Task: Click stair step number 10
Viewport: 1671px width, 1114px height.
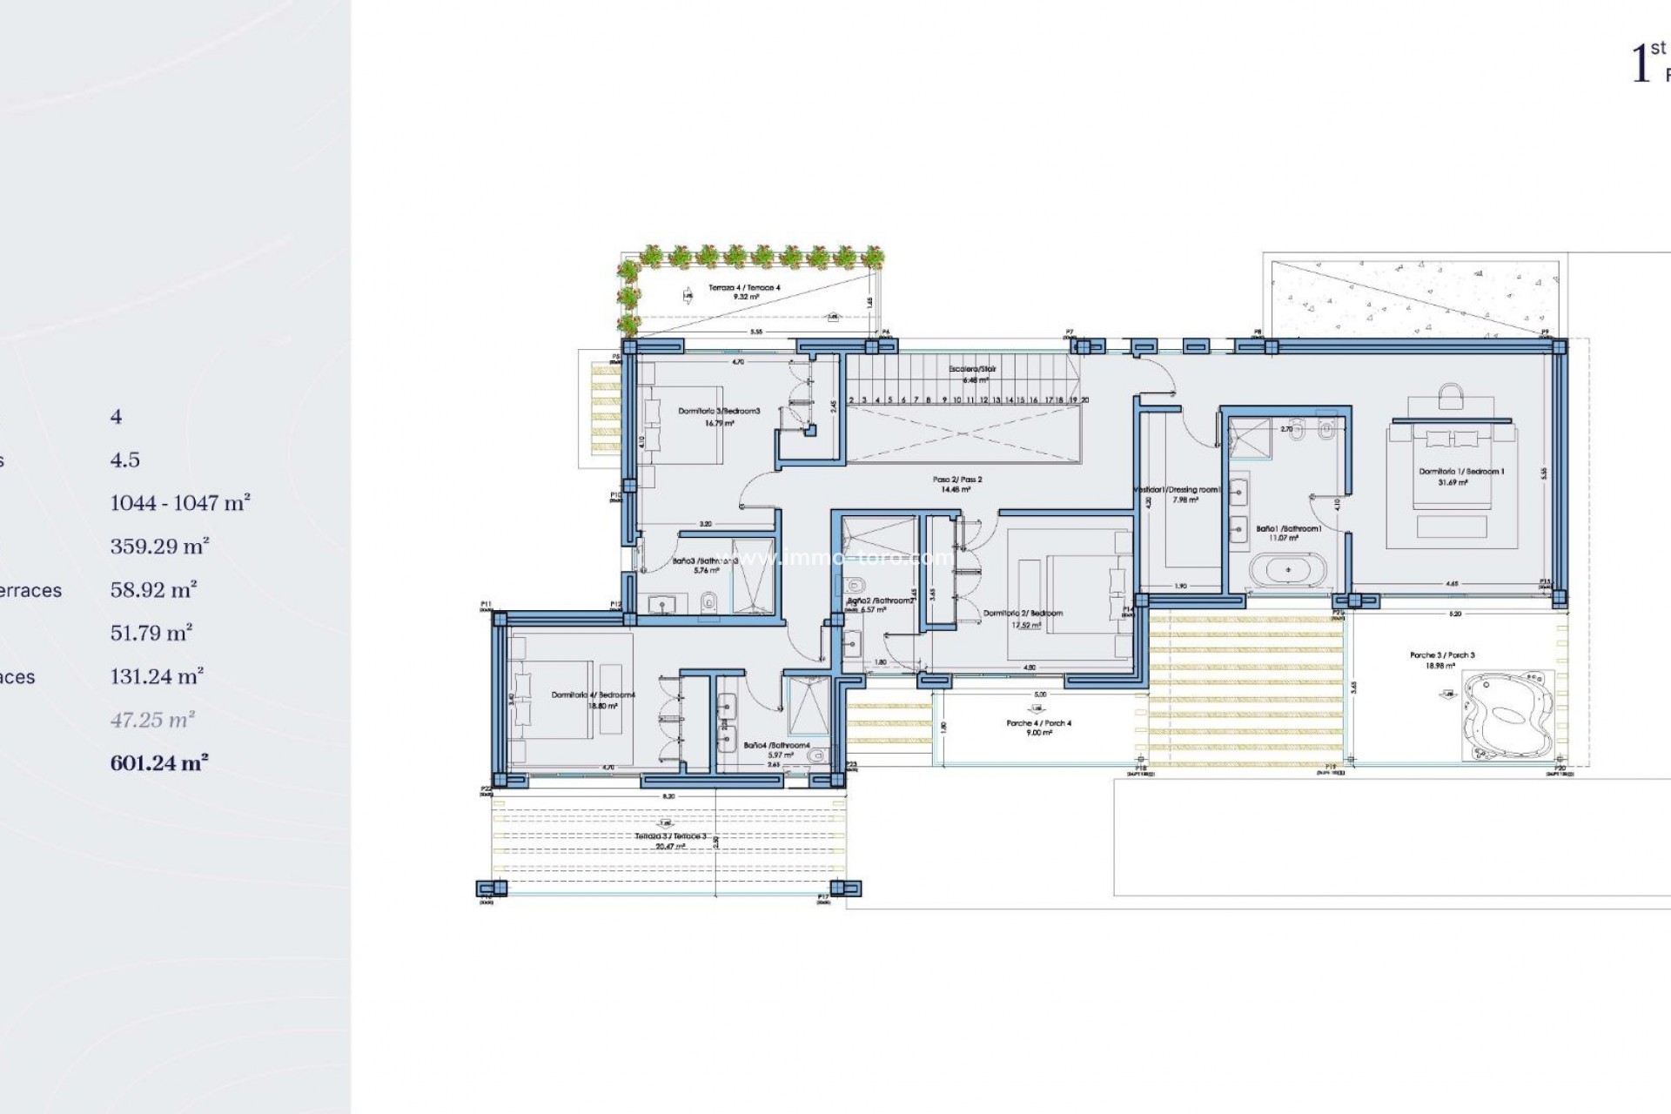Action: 956,400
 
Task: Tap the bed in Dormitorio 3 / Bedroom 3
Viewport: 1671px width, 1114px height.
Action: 682,424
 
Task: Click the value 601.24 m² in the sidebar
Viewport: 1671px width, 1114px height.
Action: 159,763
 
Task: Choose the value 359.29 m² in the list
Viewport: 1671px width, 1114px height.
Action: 159,547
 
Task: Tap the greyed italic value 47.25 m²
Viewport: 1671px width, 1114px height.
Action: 152,720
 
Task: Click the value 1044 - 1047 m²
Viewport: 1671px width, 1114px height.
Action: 180,503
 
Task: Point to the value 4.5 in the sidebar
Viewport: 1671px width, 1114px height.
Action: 124,460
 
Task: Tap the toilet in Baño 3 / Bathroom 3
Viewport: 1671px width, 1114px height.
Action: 709,601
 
